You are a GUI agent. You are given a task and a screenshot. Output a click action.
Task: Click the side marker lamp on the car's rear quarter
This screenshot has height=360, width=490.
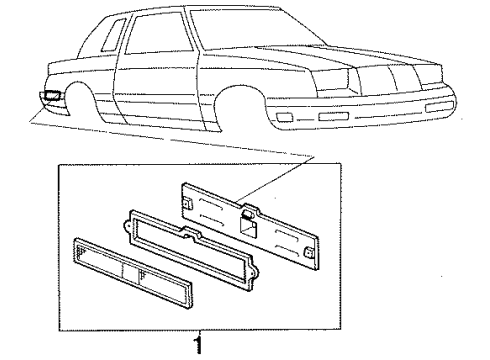51,97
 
